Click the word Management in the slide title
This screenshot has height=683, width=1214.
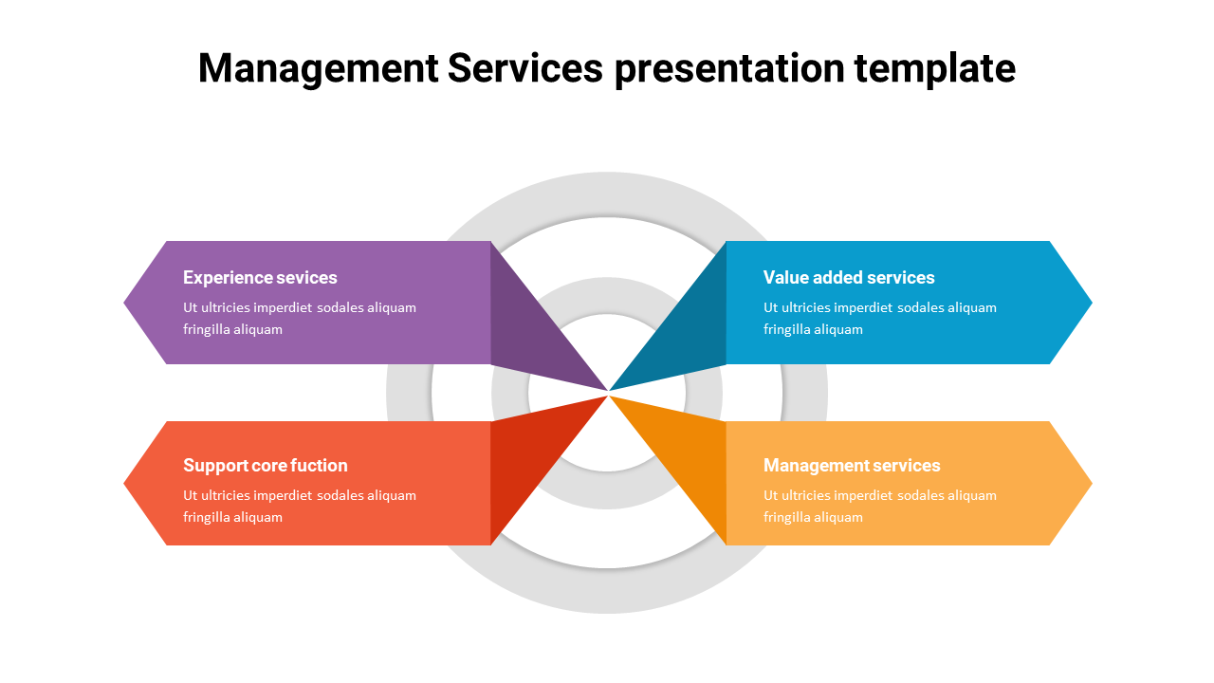coord(318,68)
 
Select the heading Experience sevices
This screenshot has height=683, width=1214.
coord(260,277)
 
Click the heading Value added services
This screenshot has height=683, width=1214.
coord(849,277)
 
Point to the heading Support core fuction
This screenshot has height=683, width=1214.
coord(266,465)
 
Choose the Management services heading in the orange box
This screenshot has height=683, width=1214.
coord(852,465)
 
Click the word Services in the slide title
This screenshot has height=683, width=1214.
coord(524,68)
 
